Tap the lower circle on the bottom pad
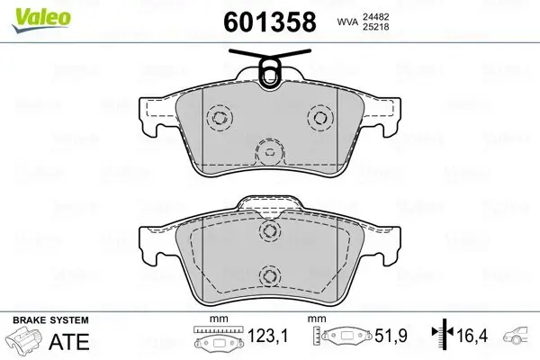(267, 275)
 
